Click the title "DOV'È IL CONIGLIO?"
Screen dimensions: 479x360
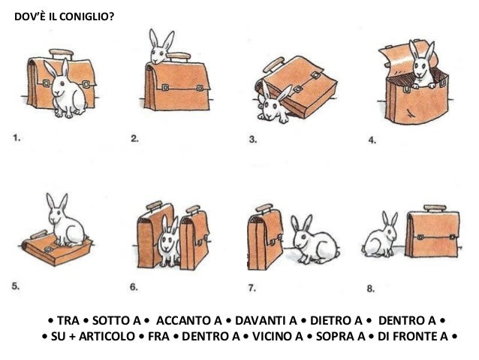64,17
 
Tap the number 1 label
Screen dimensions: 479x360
17,138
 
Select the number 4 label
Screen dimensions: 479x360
372,141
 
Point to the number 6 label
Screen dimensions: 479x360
134,287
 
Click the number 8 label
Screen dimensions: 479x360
371,289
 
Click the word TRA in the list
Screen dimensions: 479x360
68,321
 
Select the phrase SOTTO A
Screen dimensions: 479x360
116,321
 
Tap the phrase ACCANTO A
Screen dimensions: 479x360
188,321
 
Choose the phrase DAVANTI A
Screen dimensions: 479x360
266,321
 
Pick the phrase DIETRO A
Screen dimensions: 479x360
336,321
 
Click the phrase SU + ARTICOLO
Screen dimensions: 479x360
93,337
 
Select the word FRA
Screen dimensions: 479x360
158,337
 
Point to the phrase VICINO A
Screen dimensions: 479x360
278,337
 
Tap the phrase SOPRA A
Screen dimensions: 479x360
341,337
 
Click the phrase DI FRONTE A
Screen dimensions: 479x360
413,337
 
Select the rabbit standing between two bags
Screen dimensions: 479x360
169,242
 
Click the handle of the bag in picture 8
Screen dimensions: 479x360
435,208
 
